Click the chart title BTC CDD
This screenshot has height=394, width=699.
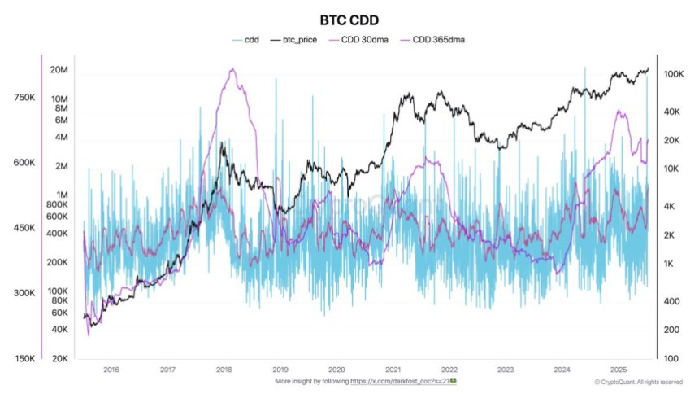[x=349, y=20]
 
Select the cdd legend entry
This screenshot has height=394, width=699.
[x=245, y=39]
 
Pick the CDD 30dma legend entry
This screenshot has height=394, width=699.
[x=365, y=39]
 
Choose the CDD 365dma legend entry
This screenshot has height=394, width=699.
[x=440, y=39]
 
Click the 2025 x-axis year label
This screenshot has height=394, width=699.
[x=617, y=369]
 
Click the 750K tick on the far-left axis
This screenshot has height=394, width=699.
[x=24, y=98]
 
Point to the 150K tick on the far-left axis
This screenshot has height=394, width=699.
[x=24, y=358]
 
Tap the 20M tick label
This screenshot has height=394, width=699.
[x=59, y=70]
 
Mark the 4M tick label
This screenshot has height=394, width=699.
[x=62, y=137]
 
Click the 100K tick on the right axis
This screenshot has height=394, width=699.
[x=672, y=74]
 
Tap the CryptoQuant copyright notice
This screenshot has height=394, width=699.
[x=638, y=381]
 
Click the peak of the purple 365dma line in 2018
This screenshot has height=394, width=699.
[x=232, y=69]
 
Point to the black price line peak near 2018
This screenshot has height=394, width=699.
[x=222, y=143]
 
